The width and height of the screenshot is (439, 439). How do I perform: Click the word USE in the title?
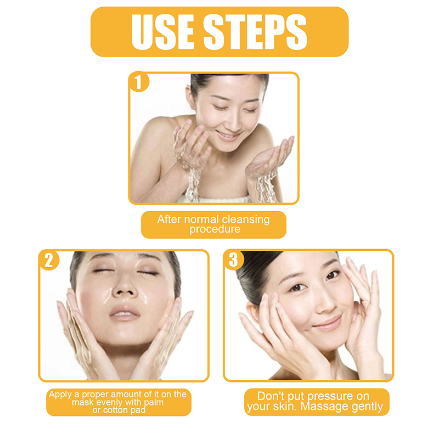(162, 31)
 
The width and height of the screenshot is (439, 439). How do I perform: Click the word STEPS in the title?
(255, 31)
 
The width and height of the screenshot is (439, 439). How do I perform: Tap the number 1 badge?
(139, 82)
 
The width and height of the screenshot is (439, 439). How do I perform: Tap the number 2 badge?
(49, 260)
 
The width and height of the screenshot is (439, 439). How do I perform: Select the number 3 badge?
(234, 260)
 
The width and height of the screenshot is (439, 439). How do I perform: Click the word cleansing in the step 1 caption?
(246, 220)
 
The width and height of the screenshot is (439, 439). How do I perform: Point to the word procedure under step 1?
(215, 229)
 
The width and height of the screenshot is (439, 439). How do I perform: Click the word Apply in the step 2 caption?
(60, 395)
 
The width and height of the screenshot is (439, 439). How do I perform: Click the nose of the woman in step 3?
(324, 302)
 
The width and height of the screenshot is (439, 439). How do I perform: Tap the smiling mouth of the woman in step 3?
(328, 323)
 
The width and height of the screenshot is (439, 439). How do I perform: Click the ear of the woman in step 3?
(254, 313)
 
